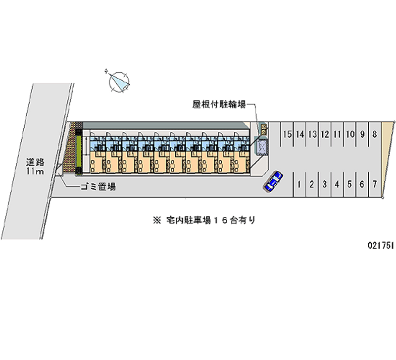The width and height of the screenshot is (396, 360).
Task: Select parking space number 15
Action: pos(287,134)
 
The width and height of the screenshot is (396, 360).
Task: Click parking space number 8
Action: pos(375,134)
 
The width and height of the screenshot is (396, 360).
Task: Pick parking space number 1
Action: pos(299,184)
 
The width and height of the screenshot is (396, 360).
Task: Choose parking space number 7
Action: pos(375,184)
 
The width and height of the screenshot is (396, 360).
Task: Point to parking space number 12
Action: pos(325,134)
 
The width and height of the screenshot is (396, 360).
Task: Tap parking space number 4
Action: pos(337,184)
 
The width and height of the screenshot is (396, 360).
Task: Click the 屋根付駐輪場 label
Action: pos(219,104)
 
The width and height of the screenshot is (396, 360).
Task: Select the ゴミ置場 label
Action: pos(98,187)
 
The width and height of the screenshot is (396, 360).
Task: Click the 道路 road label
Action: pos(35,162)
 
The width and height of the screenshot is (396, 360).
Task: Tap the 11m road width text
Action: pos(35,171)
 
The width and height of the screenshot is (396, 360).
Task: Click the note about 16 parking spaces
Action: pos(204,220)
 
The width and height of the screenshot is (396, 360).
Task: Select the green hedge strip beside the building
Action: pos(79,152)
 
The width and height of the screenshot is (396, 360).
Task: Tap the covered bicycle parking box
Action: pos(261,146)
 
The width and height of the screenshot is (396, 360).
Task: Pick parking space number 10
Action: pos(350,134)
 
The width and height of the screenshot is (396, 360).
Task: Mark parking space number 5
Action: pos(349,184)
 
